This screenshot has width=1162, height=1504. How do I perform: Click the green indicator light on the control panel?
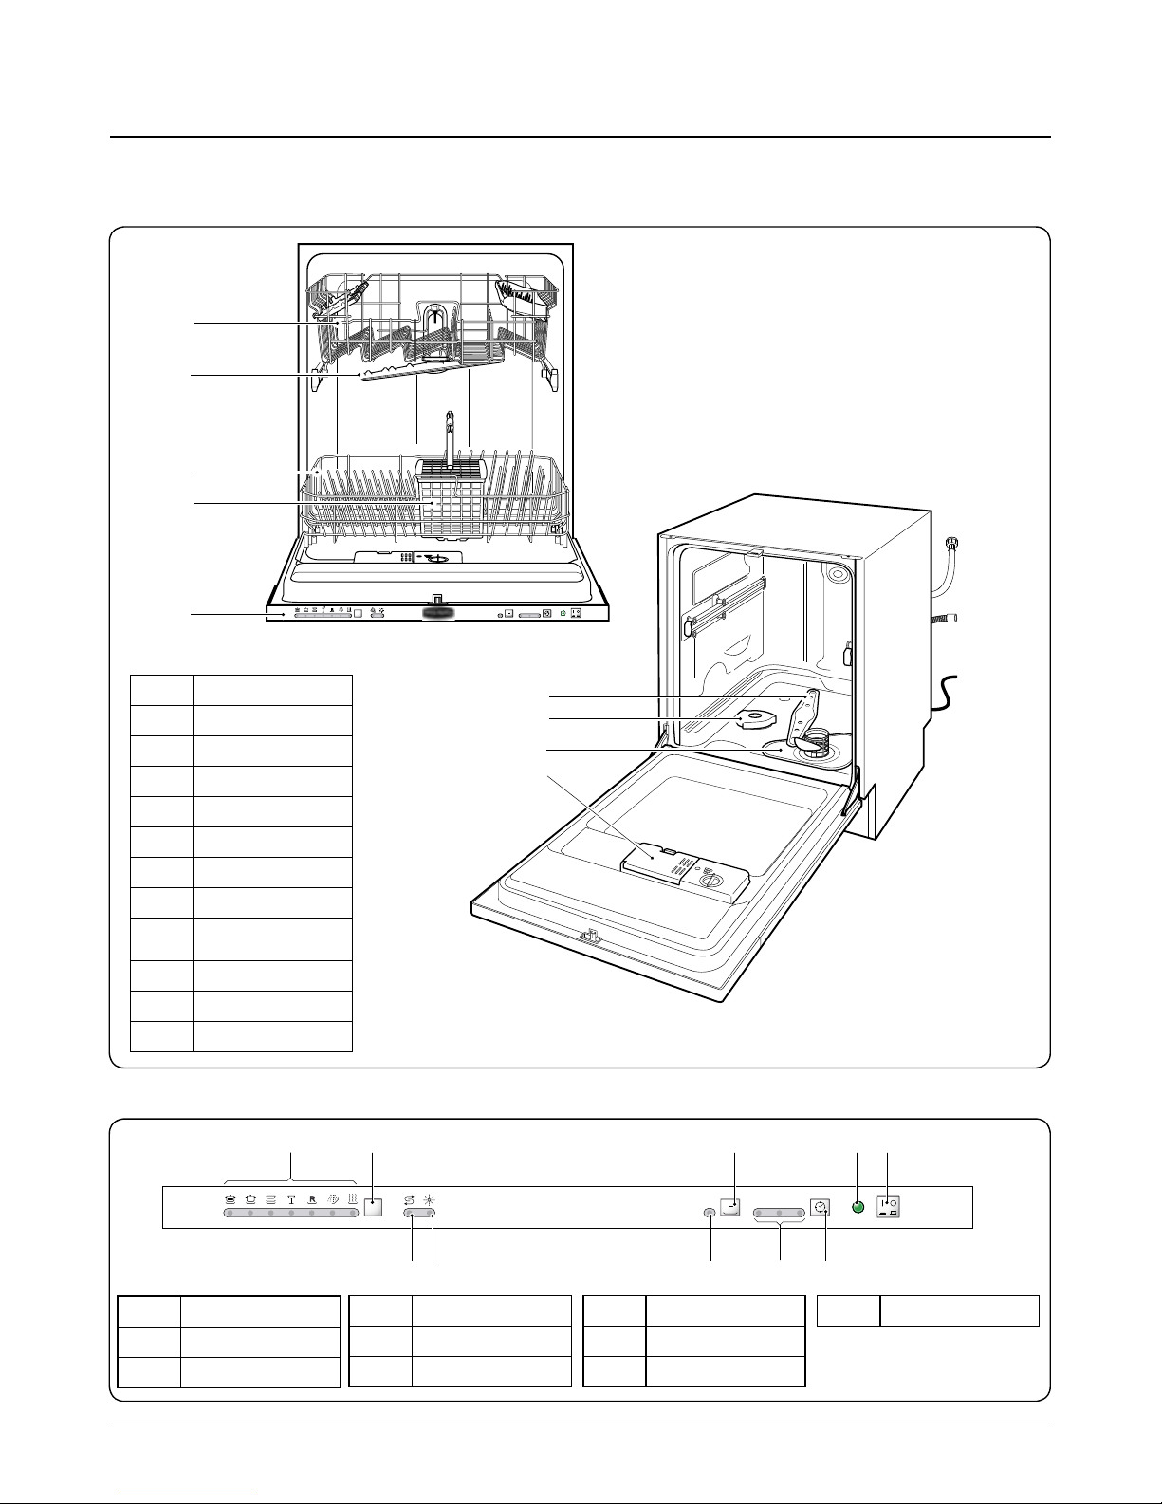857,1208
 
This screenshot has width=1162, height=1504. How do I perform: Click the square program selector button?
373,1208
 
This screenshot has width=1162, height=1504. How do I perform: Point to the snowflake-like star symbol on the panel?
432,1198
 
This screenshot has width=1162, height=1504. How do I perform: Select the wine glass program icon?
291,1199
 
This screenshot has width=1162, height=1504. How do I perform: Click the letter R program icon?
312,1199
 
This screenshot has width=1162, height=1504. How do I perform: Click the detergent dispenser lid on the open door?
655,859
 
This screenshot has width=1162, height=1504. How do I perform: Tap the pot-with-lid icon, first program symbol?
231,1199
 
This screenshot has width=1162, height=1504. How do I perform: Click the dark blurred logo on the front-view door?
437,613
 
